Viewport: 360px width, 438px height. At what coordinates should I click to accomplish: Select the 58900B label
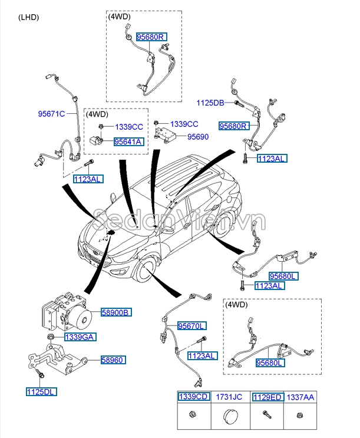tap(116, 312)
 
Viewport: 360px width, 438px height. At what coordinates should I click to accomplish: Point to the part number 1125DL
tap(41, 391)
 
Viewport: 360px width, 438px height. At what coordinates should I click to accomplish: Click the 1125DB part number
tap(210, 103)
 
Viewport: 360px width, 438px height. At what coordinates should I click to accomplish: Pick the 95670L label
tap(193, 325)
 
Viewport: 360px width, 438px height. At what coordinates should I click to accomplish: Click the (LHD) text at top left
tap(28, 17)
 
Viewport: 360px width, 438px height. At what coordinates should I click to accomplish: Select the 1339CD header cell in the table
tap(194, 397)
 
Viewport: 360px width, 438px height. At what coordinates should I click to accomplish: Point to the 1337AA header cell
tap(300, 397)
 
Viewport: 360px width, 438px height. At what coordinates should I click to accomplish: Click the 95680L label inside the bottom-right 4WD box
tap(270, 364)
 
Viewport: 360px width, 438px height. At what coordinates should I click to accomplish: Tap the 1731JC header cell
tap(230, 397)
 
